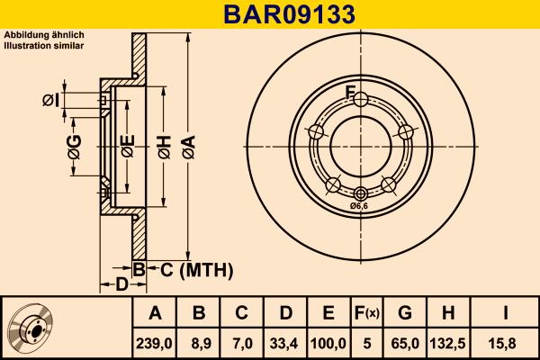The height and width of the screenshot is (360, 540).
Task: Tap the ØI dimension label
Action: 51,100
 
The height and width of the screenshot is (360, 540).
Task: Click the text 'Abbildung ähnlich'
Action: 44,34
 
